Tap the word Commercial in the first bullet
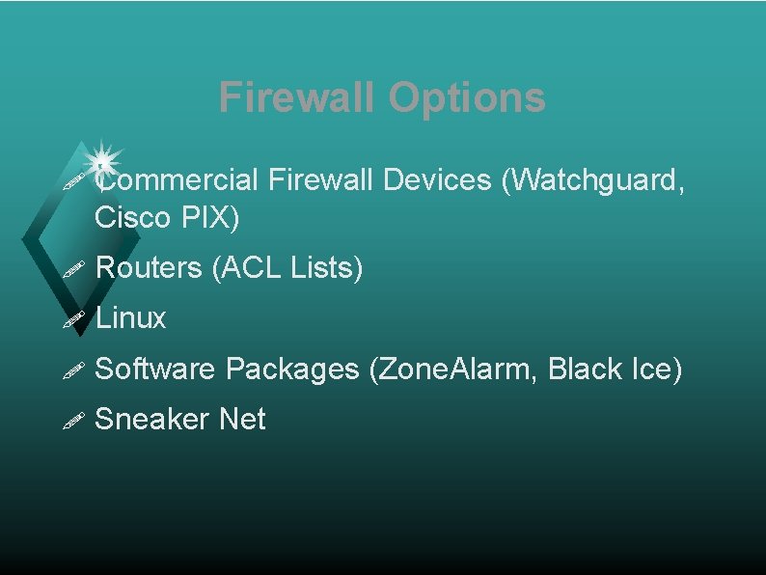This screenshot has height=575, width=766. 179,179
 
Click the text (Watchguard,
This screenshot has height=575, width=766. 594,179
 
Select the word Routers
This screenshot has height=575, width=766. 150,267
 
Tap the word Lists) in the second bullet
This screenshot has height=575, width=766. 326,267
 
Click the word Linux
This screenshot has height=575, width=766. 132,317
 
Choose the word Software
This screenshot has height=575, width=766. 156,369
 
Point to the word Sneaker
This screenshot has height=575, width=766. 153,419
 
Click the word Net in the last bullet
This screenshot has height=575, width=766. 242,419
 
